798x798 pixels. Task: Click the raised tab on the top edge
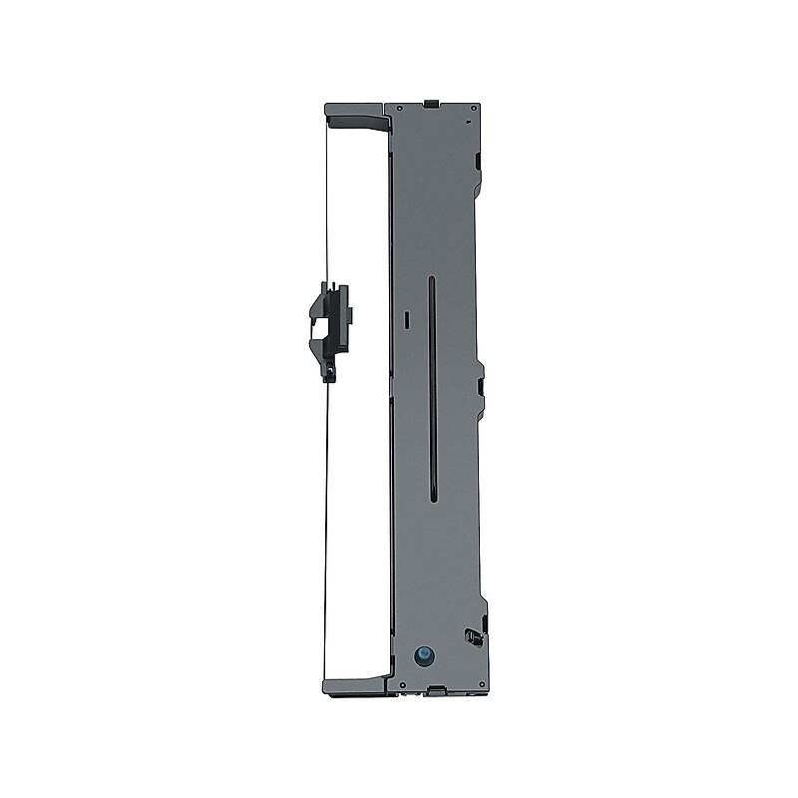(428, 102)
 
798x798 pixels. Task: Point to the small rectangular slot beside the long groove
(408, 317)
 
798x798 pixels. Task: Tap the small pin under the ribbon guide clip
(329, 374)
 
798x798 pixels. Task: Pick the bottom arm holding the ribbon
(353, 685)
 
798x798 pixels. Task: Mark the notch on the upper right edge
(478, 160)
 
